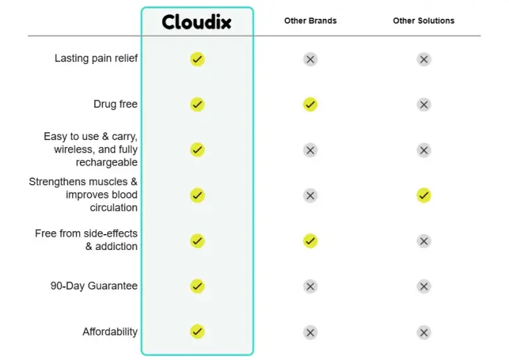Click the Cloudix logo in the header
(x=197, y=22)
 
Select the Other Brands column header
(x=311, y=21)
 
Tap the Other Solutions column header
(x=423, y=21)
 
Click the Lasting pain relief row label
(x=96, y=58)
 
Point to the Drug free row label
(x=116, y=104)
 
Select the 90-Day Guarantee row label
(x=94, y=285)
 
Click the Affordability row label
(x=110, y=331)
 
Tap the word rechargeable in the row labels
(x=107, y=162)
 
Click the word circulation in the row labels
(x=113, y=208)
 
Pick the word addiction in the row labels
(x=116, y=246)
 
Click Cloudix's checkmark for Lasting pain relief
(x=197, y=59)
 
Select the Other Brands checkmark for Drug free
(x=311, y=104)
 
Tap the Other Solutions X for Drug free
(x=424, y=104)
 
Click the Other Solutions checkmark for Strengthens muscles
(x=424, y=196)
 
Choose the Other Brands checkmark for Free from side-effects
(x=311, y=241)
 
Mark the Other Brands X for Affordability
(x=311, y=332)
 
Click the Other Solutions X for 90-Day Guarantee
(x=424, y=286)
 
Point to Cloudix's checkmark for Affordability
(x=197, y=331)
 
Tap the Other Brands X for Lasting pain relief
(x=311, y=59)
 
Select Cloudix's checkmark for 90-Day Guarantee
(x=197, y=286)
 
